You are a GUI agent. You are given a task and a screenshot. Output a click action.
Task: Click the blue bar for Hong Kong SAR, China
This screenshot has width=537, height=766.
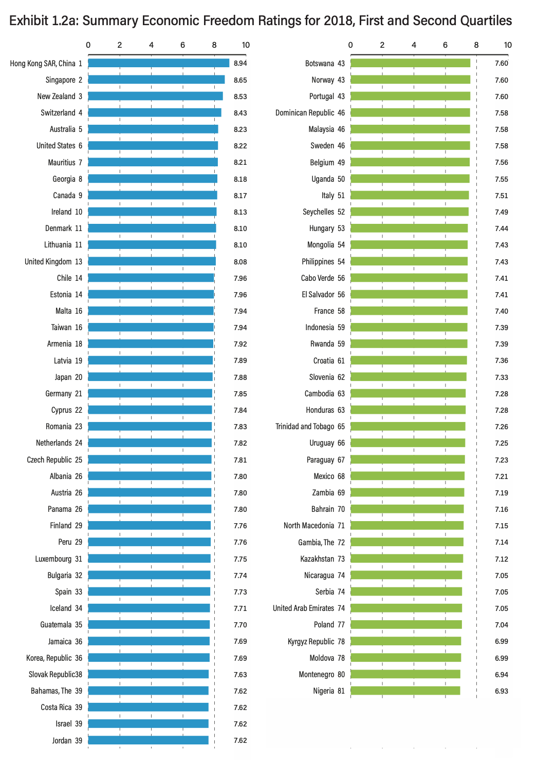tap(158, 63)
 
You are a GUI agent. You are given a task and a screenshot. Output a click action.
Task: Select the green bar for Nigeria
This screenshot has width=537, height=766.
tap(405, 691)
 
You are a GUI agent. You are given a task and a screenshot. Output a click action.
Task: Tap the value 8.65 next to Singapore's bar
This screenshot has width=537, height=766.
tap(240, 80)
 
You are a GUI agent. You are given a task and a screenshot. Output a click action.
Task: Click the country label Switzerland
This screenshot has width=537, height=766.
tap(58, 113)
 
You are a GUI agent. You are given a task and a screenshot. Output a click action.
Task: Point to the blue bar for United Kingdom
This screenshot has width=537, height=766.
tap(152, 261)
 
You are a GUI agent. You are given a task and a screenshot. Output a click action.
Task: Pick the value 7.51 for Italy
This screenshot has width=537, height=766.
tap(501, 196)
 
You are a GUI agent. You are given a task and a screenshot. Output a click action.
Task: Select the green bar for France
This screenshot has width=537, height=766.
tap(409, 311)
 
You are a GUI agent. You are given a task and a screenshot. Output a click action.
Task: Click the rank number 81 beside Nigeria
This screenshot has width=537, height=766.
tap(341, 691)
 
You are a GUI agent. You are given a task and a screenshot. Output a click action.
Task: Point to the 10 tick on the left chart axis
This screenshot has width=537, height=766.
tap(246, 45)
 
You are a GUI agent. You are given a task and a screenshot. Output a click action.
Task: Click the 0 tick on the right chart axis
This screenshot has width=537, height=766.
tap(350, 45)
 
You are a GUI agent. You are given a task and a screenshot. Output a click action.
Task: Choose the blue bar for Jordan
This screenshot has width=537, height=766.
tap(148, 740)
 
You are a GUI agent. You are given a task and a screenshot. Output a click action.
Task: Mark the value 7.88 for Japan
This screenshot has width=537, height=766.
tap(240, 377)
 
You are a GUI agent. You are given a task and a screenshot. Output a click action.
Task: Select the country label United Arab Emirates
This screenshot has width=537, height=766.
tap(303, 608)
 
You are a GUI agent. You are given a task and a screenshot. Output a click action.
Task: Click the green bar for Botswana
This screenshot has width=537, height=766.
tap(410, 63)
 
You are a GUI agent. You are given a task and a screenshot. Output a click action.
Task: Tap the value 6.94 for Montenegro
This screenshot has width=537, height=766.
tap(501, 675)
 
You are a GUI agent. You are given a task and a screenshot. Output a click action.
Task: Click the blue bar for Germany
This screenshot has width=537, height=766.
tap(150, 393)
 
